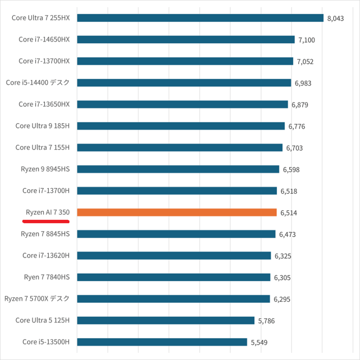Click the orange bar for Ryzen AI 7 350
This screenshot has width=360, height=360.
point(177,212)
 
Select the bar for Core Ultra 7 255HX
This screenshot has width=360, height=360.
point(200,18)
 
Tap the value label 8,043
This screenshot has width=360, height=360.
point(336,18)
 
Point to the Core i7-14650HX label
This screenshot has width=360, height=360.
point(44,39)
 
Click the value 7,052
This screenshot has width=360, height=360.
point(305,61)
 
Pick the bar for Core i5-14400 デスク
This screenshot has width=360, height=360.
point(184,82)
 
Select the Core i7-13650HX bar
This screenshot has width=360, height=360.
point(182,104)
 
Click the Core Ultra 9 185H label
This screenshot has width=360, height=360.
point(42,126)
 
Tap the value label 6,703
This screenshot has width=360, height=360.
point(294,148)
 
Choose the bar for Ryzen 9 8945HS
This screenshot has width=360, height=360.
point(178,169)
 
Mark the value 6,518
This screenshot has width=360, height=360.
point(289,191)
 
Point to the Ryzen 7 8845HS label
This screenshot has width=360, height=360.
point(45,234)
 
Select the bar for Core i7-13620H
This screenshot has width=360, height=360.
point(174,255)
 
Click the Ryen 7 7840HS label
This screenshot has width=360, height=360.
point(47,277)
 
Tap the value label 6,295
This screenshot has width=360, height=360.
point(282,299)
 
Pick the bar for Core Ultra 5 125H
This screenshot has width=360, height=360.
point(165,320)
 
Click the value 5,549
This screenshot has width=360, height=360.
point(259,343)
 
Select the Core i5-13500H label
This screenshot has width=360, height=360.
point(46,342)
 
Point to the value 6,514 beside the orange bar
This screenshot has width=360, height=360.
point(289,213)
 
